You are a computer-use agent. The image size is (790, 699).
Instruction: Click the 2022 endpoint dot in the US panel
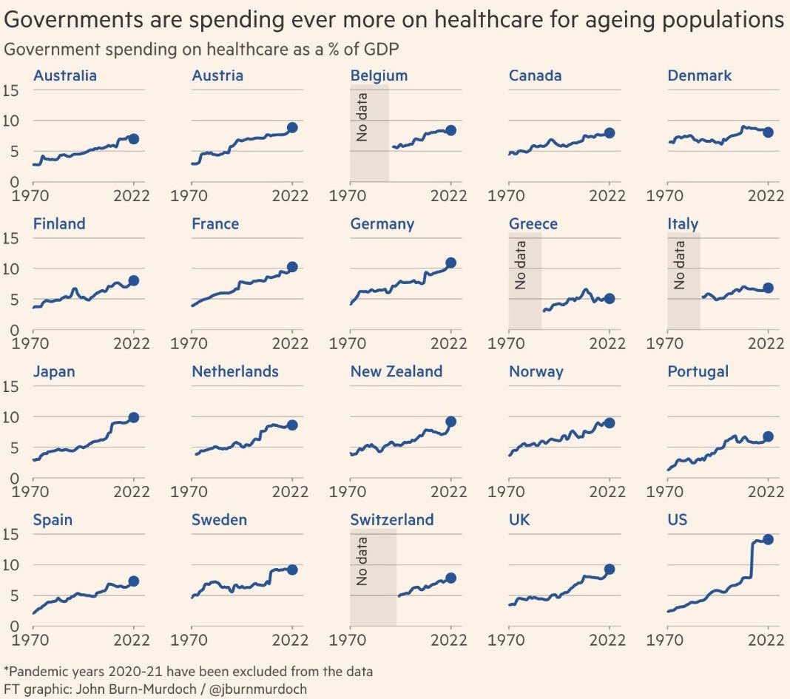[769, 539]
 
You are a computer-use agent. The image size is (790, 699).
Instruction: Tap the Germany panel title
[382, 223]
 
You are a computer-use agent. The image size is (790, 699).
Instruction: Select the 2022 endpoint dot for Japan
[134, 417]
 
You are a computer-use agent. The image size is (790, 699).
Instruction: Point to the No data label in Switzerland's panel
[362, 561]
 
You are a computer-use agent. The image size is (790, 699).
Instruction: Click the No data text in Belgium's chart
[362, 117]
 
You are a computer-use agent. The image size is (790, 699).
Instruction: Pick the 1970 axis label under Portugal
[666, 492]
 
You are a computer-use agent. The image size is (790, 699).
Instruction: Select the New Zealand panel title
[396, 371]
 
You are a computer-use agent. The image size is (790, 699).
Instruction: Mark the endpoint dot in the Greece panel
[610, 298]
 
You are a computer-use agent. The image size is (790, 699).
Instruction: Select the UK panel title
[519, 519]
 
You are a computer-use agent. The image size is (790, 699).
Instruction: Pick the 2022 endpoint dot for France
[292, 266]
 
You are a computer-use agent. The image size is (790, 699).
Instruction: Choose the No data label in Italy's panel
[680, 265]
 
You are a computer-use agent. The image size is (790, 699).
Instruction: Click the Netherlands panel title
[234, 371]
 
